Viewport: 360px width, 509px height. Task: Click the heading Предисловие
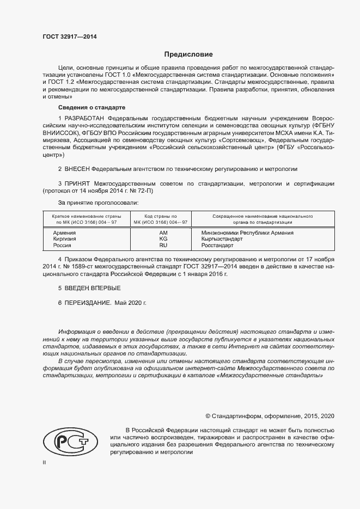189,54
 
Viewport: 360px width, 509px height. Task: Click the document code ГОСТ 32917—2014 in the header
70,36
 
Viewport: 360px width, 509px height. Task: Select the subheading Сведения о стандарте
91,107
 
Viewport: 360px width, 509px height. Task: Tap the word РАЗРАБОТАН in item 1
85,118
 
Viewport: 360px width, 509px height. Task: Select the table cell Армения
64,232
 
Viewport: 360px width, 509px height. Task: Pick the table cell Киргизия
65,239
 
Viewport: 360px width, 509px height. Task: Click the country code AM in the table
163,232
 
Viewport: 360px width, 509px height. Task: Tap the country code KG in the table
163,239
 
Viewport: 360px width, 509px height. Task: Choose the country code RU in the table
163,246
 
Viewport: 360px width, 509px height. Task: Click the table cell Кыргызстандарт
223,239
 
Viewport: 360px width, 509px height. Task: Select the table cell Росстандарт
217,246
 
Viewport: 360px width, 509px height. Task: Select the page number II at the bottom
45,462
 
